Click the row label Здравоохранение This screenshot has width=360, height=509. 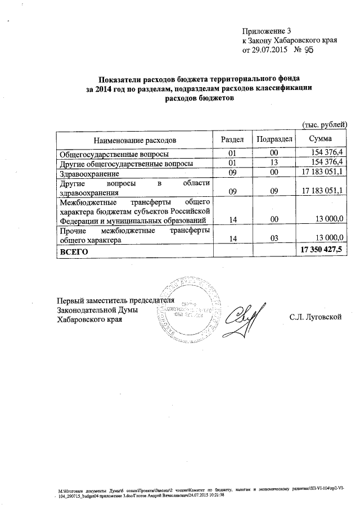pyautogui.click(x=89, y=173)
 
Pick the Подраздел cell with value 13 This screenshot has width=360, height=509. pyautogui.click(x=274, y=163)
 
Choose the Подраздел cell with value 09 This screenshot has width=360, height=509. pyautogui.click(x=274, y=191)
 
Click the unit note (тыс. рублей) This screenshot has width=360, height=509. pyautogui.click(x=325, y=124)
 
